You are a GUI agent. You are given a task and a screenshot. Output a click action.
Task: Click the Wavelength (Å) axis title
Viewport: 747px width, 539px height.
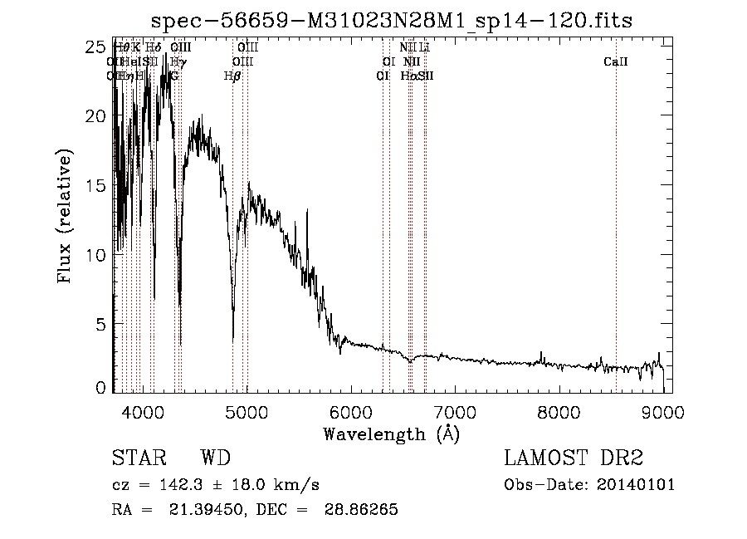pyautogui.click(x=391, y=434)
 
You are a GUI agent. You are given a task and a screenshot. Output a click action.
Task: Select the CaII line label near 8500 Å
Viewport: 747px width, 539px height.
pyautogui.click(x=615, y=61)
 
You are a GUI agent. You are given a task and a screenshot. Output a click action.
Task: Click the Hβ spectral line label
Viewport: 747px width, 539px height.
pyautogui.click(x=232, y=76)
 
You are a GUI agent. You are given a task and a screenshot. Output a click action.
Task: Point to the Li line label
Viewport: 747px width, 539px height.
pyautogui.click(x=424, y=48)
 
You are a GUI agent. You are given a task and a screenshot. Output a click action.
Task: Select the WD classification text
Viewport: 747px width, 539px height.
pyautogui.click(x=215, y=458)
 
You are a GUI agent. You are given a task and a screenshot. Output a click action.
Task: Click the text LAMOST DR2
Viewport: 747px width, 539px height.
pyautogui.click(x=574, y=458)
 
